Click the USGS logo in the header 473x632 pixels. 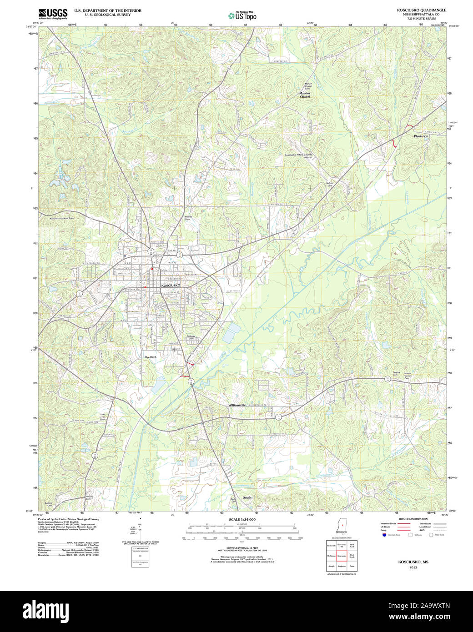click(x=53, y=13)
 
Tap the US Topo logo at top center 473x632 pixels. click(x=242, y=15)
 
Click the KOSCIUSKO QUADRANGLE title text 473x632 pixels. click(x=421, y=10)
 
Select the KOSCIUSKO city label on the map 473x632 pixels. click(x=171, y=286)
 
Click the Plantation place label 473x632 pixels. click(x=421, y=136)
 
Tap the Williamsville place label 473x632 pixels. click(x=237, y=405)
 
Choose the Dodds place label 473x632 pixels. click(x=247, y=497)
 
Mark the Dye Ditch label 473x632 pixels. click(x=151, y=357)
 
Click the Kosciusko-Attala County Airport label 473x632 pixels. click(x=298, y=156)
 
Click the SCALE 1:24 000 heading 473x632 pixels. click(x=242, y=520)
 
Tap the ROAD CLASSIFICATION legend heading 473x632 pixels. click(x=413, y=519)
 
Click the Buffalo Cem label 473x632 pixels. click(x=330, y=185)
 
